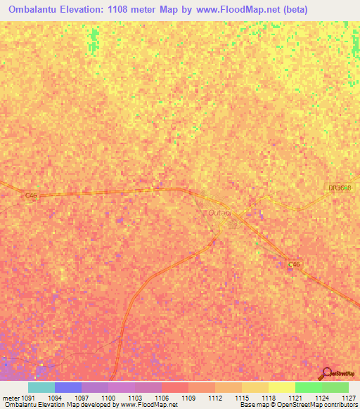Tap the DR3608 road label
(x=339, y=188)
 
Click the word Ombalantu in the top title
(x=34, y=10)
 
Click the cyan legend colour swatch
(x=41, y=387)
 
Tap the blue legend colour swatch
(x=68, y=387)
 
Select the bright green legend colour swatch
(x=309, y=387)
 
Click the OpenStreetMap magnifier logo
(x=326, y=373)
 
